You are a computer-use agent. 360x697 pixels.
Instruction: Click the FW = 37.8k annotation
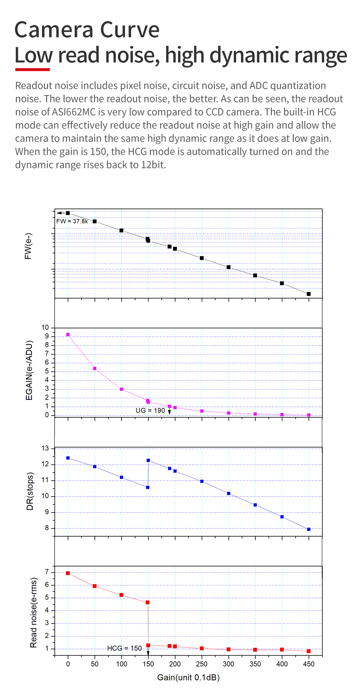(x=72, y=221)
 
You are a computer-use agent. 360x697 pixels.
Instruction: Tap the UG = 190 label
(x=150, y=410)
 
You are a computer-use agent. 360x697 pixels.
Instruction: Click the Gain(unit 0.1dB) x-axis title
(x=188, y=677)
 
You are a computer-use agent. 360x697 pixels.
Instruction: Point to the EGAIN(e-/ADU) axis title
(x=29, y=370)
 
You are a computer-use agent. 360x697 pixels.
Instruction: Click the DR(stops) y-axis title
(x=30, y=491)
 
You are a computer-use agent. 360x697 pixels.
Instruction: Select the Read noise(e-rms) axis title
(x=34, y=612)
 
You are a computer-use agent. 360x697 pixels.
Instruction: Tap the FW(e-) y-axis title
(x=28, y=246)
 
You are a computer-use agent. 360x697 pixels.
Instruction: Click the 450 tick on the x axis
(x=309, y=664)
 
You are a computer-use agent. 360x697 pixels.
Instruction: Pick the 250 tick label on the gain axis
(x=202, y=664)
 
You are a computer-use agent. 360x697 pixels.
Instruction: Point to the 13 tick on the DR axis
(x=45, y=449)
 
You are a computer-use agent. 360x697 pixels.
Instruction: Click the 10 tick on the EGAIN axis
(x=45, y=327)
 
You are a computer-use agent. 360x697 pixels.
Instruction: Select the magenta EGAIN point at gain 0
(x=68, y=335)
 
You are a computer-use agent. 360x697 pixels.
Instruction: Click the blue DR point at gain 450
(x=309, y=529)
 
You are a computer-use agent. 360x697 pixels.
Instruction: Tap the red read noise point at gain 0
(x=68, y=573)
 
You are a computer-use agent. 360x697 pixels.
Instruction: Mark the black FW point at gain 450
(x=309, y=294)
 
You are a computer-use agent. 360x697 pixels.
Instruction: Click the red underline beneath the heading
(x=32, y=70)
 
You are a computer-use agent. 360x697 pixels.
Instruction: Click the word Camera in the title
(x=54, y=30)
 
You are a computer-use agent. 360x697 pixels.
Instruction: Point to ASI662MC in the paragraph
(x=74, y=112)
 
